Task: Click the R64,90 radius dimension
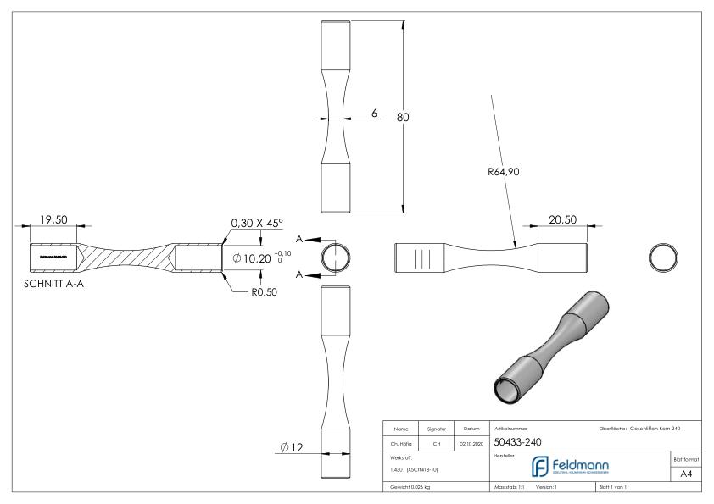[x=503, y=172]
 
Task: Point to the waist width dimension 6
[x=373, y=114]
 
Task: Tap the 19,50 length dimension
[x=53, y=220]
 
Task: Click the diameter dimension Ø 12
[x=293, y=446]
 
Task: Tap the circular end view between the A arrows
[x=337, y=258]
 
